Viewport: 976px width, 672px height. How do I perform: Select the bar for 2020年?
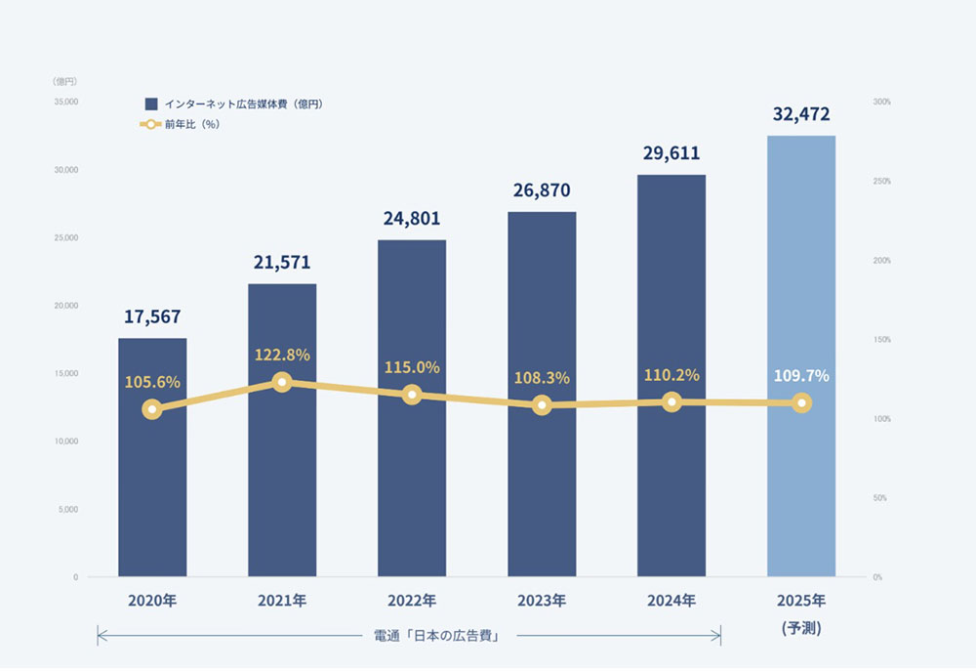coord(152,488)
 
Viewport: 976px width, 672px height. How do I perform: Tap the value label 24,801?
coord(411,218)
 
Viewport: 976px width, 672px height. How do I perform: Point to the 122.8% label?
coord(282,356)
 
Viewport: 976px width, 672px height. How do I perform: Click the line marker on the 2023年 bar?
coord(542,404)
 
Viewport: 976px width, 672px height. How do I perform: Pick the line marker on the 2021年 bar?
coord(282,382)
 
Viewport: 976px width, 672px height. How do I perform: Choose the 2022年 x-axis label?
coord(411,601)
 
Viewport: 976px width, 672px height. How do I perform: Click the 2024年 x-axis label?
coord(671,601)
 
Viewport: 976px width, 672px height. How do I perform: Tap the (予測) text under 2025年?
coord(800,629)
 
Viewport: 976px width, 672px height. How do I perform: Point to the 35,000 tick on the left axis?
coord(66,102)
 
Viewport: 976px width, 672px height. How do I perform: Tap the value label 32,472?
coord(800,114)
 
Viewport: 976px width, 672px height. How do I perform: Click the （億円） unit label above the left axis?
coord(64,81)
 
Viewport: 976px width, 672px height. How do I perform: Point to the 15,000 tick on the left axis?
coord(66,373)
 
